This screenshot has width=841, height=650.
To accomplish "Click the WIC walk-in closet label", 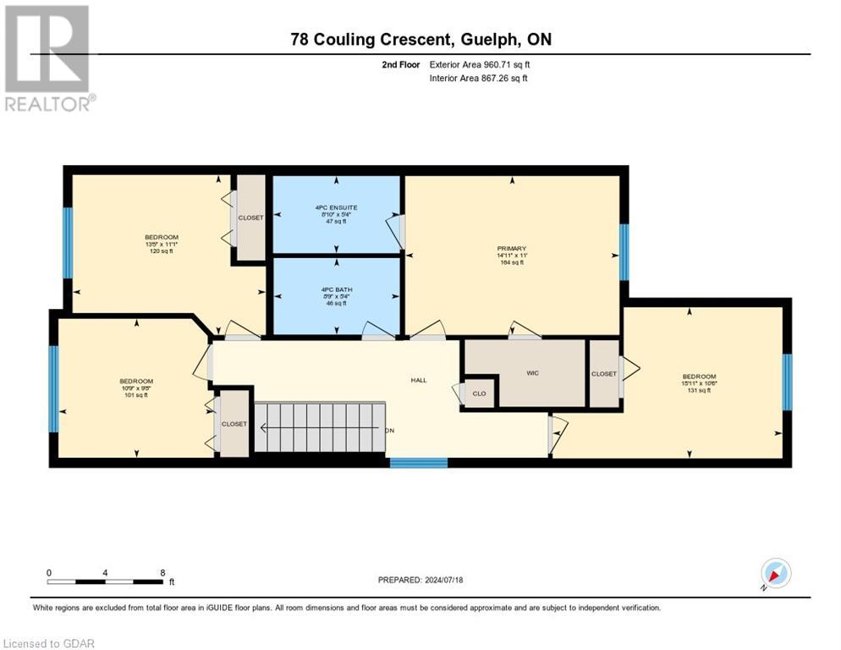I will click(532, 372).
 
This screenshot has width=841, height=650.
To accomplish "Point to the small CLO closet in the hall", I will click(479, 393).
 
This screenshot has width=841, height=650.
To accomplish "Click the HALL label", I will click(419, 380).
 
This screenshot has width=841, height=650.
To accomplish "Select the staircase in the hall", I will click(320, 427).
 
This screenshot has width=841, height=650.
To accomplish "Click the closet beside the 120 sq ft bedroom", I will click(250, 218).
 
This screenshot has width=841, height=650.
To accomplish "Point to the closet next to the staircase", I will click(234, 423).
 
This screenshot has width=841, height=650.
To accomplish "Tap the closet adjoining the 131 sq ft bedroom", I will click(603, 372).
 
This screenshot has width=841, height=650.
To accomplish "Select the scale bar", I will click(106, 581).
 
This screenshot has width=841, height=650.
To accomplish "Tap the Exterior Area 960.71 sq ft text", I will click(480, 64).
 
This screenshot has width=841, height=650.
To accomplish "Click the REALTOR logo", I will click(48, 58).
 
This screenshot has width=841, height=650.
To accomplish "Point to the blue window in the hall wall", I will click(418, 462).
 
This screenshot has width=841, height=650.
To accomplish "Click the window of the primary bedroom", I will click(624, 251).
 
